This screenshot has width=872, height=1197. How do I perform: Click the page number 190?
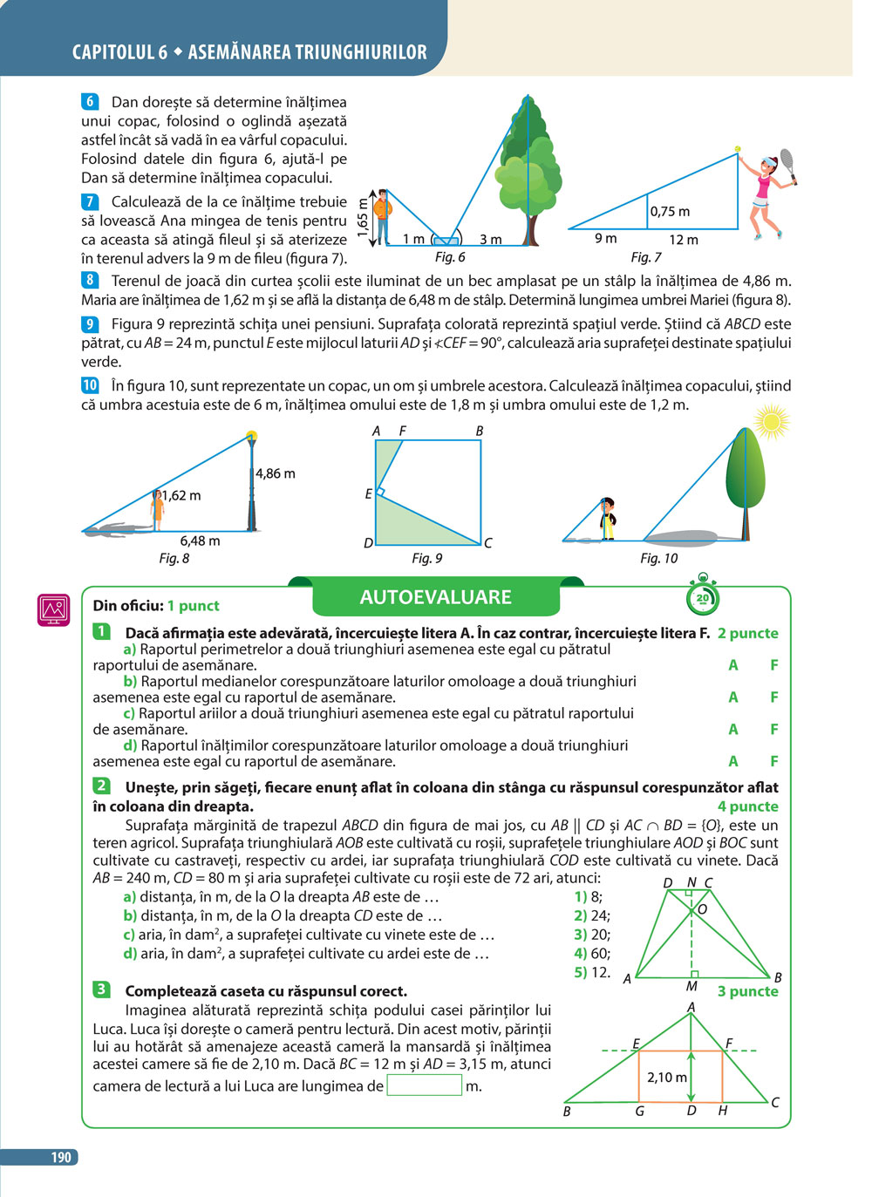tap(61, 1157)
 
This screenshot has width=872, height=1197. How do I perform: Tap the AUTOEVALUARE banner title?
tap(435, 597)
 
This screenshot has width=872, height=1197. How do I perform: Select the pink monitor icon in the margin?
tap(53, 609)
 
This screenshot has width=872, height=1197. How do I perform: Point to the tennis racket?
tap(788, 167)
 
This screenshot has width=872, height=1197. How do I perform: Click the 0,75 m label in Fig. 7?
tap(670, 212)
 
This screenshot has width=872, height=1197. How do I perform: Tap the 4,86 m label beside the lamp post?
tap(275, 473)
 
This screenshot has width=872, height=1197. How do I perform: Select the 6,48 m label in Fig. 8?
tap(200, 541)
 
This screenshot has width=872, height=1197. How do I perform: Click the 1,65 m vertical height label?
tap(363, 217)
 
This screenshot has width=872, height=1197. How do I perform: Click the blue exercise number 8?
tap(90, 280)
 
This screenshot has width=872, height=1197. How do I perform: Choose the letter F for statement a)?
tap(773, 665)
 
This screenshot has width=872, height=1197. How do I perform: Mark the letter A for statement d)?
tap(733, 761)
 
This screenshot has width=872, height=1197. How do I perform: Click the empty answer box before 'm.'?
tap(424, 1085)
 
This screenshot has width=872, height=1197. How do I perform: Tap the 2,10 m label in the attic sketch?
tap(667, 1078)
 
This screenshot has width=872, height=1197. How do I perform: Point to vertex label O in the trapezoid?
tap(702, 909)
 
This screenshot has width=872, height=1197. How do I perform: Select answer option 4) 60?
tap(592, 953)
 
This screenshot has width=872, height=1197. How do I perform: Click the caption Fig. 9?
tap(426, 559)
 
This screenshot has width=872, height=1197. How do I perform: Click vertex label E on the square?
tap(368, 494)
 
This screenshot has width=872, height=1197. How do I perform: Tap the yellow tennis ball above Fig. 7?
tap(738, 148)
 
